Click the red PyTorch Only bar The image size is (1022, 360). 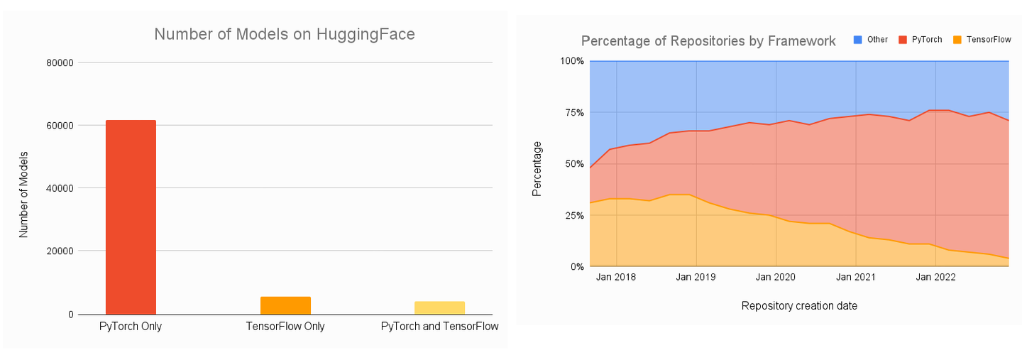tap(131, 217)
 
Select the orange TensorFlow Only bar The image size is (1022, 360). tap(285, 305)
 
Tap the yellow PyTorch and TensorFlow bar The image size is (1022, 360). tap(439, 307)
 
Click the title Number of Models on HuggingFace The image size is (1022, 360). tap(285, 34)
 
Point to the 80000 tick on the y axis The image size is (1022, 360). tap(60, 62)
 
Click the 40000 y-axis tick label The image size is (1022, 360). tap(60, 188)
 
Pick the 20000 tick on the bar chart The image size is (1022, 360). tap(60, 251)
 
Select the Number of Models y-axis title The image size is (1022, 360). tap(23, 193)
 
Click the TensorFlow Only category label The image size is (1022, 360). tap(285, 327)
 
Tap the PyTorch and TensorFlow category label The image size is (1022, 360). tap(439, 327)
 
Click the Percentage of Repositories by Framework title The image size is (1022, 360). tap(708, 41)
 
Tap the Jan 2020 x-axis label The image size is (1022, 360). tap(776, 277)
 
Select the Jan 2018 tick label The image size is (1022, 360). tap(616, 277)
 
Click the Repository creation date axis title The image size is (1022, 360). tap(799, 306)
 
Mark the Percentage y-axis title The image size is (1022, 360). tap(537, 169)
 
